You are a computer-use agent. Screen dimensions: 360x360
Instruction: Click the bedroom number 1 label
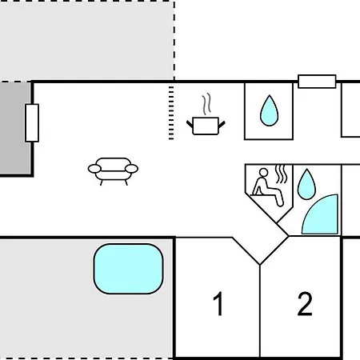coord(218,303)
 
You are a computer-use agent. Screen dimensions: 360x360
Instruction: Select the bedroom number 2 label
coord(305,304)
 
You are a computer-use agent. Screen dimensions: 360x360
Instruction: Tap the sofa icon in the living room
coord(113,171)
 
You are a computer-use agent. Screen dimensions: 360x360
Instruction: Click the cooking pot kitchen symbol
coord(206,126)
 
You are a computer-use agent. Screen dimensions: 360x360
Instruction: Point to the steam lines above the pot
coord(206,104)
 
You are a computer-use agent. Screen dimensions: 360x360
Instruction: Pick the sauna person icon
coord(267,186)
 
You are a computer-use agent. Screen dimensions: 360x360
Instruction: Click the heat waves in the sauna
coord(281,174)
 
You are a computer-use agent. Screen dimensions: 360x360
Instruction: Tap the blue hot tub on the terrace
coord(128,269)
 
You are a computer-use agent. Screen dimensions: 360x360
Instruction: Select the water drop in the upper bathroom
coord(270,110)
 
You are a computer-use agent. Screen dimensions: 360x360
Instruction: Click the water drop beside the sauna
coord(306,184)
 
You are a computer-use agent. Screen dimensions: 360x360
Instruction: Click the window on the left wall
coord(32,123)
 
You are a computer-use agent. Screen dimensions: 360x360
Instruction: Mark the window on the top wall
coord(317,82)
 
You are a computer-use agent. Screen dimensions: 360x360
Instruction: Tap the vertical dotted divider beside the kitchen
coord(171,113)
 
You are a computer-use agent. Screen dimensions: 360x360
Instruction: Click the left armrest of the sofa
coord(94,169)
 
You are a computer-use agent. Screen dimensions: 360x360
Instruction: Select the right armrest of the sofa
coord(131,169)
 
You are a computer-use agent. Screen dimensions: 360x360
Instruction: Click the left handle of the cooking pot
coord(190,124)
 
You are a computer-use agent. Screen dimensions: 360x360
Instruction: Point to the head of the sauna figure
coord(263,172)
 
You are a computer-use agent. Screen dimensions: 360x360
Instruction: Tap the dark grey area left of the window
coord(14,128)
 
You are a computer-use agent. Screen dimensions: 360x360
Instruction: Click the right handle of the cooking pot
coord(222,124)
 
